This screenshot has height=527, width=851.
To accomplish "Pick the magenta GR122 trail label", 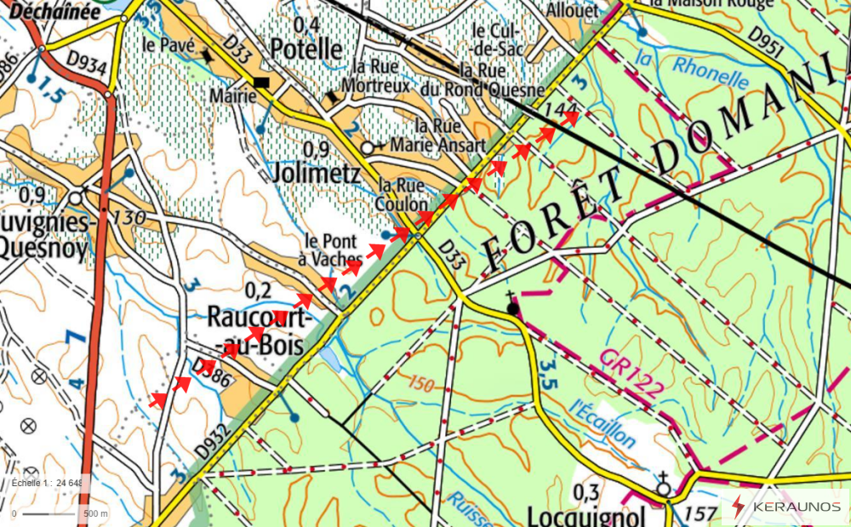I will pos(630,373).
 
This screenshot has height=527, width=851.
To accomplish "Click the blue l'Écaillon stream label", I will pos(603,423).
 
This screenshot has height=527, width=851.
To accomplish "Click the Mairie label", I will pos(232,96).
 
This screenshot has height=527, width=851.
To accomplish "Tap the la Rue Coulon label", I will pos(403,195).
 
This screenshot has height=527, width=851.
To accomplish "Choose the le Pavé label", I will pos(164,44).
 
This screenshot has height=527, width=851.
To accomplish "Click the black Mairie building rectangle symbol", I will pos(262,82).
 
